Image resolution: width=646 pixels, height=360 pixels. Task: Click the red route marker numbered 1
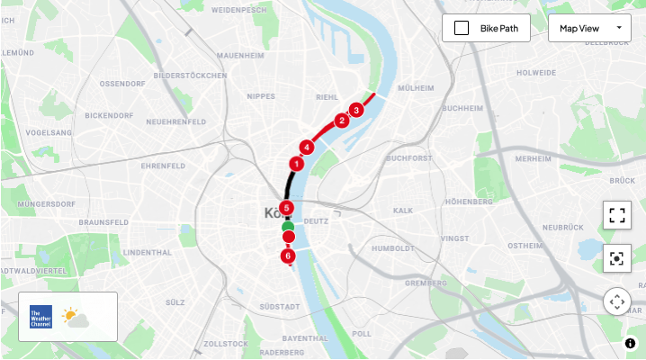[x=296, y=164]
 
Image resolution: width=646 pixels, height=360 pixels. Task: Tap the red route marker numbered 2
[x=342, y=121]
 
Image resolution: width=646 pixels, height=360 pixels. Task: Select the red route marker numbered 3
[x=356, y=110]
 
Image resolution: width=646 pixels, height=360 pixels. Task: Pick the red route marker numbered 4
[x=307, y=147]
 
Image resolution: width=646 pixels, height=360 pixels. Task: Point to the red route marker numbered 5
[x=287, y=208]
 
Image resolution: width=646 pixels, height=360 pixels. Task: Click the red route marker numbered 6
[x=288, y=256]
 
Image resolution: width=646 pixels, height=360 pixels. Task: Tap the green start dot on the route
[x=288, y=226]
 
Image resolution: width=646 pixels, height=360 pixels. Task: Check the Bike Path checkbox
[x=462, y=28]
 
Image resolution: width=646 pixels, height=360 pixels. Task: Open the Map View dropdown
[x=589, y=28]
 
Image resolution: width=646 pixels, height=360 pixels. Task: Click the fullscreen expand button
[x=617, y=215]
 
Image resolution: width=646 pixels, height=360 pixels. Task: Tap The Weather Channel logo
[x=41, y=317]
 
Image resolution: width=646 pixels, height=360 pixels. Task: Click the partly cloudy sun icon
[x=75, y=317]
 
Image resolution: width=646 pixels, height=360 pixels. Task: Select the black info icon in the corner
[x=631, y=343]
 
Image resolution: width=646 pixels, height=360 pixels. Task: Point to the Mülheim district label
[x=416, y=89]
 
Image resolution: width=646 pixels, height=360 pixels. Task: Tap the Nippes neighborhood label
[x=261, y=94]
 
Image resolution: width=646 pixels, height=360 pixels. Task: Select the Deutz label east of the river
[x=317, y=220]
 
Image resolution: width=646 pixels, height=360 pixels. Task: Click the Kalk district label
[x=402, y=210]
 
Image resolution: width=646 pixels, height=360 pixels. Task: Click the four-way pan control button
[x=617, y=301]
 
